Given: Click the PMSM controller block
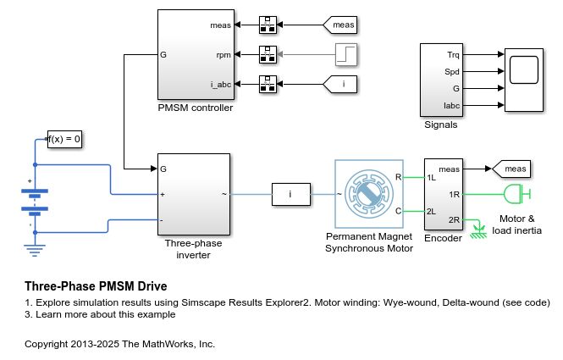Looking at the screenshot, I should [x=195, y=56].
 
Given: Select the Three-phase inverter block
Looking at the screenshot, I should [x=194, y=194].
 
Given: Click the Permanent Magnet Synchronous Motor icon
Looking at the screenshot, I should [x=369, y=194].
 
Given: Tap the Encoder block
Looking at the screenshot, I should [x=443, y=194].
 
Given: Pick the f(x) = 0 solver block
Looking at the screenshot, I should [x=64, y=139].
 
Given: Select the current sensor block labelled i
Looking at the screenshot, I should [x=290, y=195].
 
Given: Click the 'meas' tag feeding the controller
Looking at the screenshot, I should [x=340, y=25].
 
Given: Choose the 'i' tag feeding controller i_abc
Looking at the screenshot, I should [x=340, y=84].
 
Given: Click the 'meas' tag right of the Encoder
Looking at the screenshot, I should [x=511, y=169].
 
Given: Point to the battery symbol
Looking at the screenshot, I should [x=35, y=200].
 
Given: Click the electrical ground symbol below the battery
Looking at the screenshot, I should [x=35, y=249].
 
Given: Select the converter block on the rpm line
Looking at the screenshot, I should [x=268, y=55].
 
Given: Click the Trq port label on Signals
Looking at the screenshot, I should [x=454, y=54].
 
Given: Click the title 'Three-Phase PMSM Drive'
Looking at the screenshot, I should [x=96, y=286].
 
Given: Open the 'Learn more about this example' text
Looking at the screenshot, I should [x=100, y=314].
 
